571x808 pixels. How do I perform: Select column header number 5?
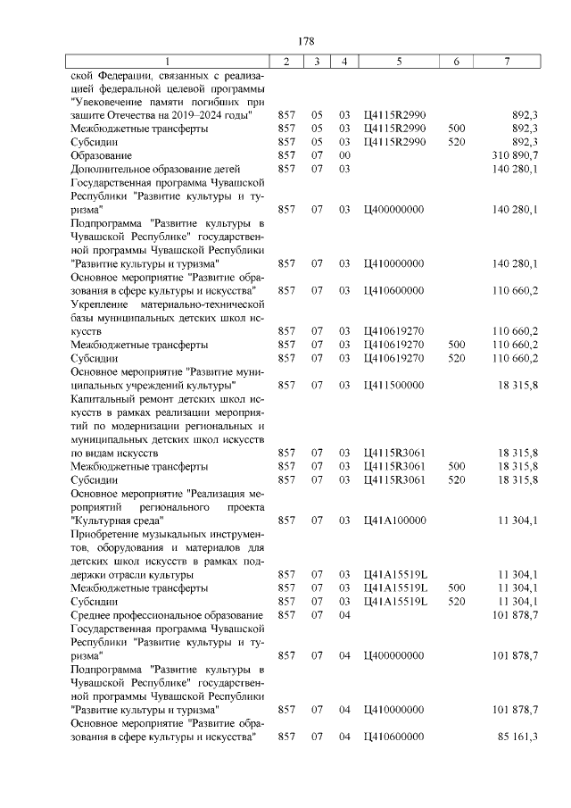pyautogui.click(x=398, y=61)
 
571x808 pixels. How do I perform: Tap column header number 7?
pyautogui.click(x=507, y=61)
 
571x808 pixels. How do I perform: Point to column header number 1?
pyautogui.click(x=170, y=61)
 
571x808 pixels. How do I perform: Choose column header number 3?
pyautogui.click(x=317, y=61)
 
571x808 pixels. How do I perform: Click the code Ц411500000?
pyautogui.click(x=394, y=385)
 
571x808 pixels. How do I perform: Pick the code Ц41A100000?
pyautogui.click(x=394, y=520)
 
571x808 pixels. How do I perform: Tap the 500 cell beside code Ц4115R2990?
pyautogui.click(x=456, y=129)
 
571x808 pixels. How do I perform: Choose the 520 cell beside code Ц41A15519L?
pyautogui.click(x=456, y=602)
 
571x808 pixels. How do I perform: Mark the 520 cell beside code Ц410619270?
pyautogui.click(x=456, y=358)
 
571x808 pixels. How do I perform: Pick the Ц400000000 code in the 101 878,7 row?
pyautogui.click(x=394, y=655)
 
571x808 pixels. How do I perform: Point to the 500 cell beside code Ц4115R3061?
pyautogui.click(x=456, y=466)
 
